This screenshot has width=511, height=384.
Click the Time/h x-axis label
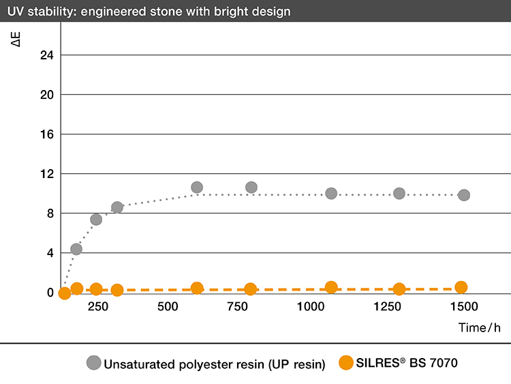(x=479, y=327)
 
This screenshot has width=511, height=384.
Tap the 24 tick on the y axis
(x=47, y=55)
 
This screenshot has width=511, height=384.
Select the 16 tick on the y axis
(x=47, y=134)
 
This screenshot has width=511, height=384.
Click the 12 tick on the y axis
(x=47, y=174)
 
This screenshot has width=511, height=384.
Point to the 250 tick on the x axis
(x=97, y=307)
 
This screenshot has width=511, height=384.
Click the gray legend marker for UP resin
(x=93, y=363)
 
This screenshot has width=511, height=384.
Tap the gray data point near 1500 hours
(x=464, y=195)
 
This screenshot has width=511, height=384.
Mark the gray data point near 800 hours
(x=251, y=188)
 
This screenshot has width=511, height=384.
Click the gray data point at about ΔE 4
(x=76, y=249)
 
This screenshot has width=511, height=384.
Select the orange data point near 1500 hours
(x=461, y=288)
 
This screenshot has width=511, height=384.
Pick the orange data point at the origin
(x=65, y=293)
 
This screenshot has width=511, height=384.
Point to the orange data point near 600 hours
(x=197, y=289)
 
